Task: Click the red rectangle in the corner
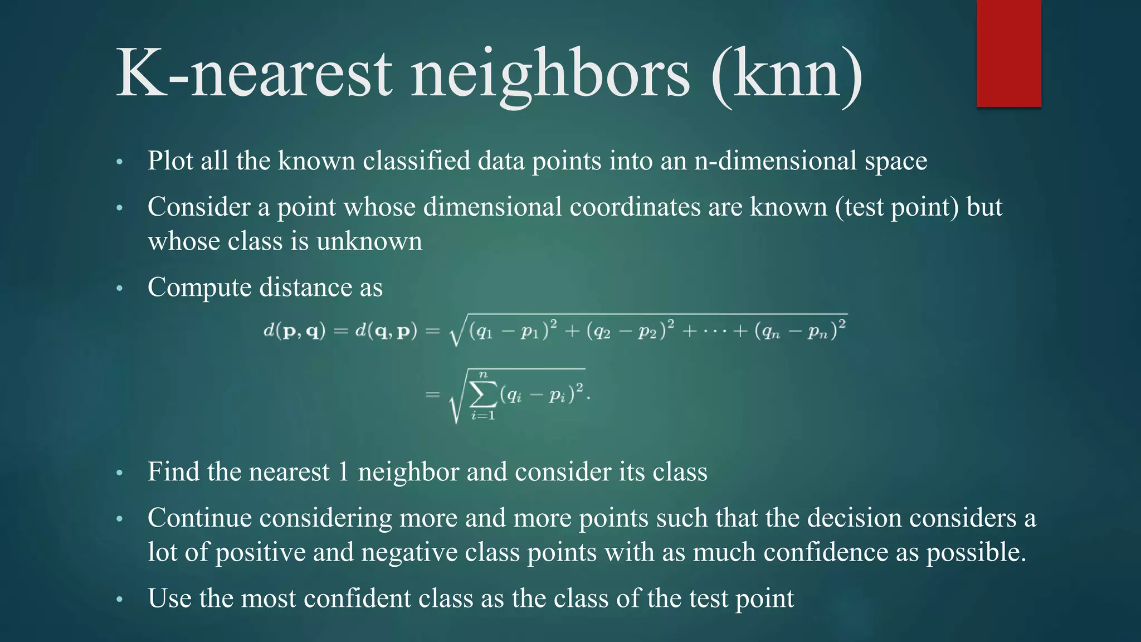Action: [1008, 53]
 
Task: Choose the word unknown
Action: [369, 242]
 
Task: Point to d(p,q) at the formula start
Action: [294, 331]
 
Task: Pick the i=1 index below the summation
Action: [483, 416]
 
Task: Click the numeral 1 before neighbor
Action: [343, 472]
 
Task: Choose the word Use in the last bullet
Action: [169, 599]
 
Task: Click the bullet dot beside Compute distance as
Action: [119, 289]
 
